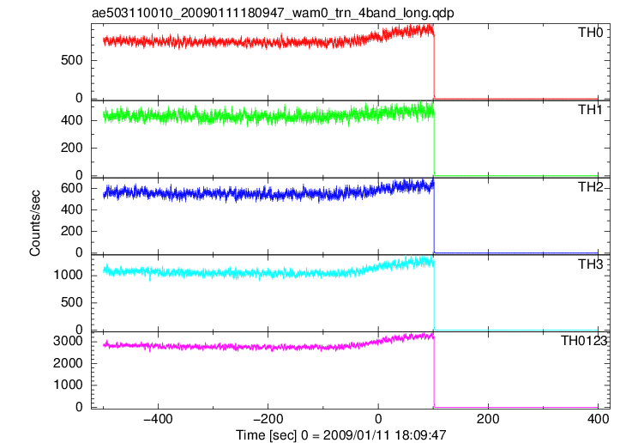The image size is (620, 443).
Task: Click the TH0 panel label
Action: coord(591,33)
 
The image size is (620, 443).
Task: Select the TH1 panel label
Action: coord(590,110)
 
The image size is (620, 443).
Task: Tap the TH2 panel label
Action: coord(591,187)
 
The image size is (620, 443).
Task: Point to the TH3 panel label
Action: coord(591,264)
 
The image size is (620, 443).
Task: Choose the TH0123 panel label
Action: coord(584,341)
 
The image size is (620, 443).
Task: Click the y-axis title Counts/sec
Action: coord(35,223)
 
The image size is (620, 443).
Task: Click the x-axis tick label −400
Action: coord(158,419)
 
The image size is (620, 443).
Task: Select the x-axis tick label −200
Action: coord(268,419)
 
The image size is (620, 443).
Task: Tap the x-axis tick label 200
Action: coord(488,419)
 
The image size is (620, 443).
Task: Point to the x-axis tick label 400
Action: coord(598,419)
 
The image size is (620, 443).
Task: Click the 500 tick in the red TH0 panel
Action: coord(71,60)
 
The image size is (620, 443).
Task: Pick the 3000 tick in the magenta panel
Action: coord(68,341)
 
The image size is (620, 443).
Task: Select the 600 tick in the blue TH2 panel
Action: coord(71,188)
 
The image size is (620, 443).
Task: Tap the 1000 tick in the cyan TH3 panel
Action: coord(68,275)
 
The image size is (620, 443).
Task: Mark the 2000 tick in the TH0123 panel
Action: coord(68,363)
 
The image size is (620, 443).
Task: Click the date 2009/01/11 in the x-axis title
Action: coord(356,434)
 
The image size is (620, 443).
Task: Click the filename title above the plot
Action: coord(273,13)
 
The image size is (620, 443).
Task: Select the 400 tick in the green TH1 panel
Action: coord(71,120)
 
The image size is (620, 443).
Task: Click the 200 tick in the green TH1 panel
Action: coord(71,148)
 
